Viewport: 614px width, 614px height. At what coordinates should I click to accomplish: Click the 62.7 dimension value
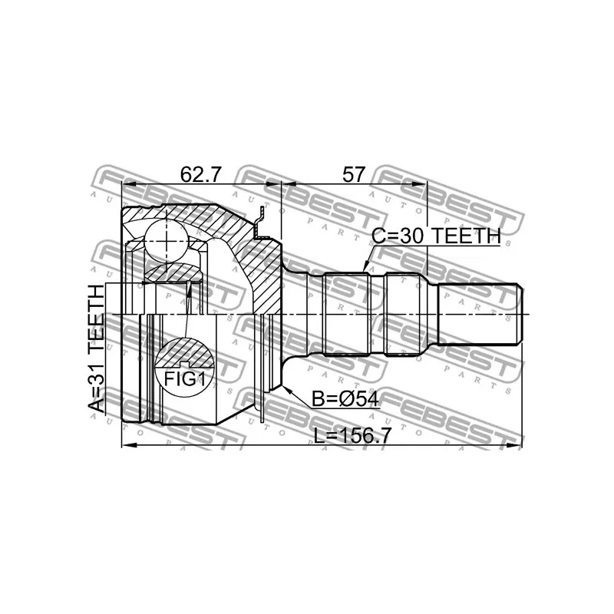pos(201,174)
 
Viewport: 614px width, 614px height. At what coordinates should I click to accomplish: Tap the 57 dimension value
pos(353,174)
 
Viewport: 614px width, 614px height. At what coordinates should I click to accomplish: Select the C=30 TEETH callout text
pos(436,237)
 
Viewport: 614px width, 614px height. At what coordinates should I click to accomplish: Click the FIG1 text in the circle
pos(184,378)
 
